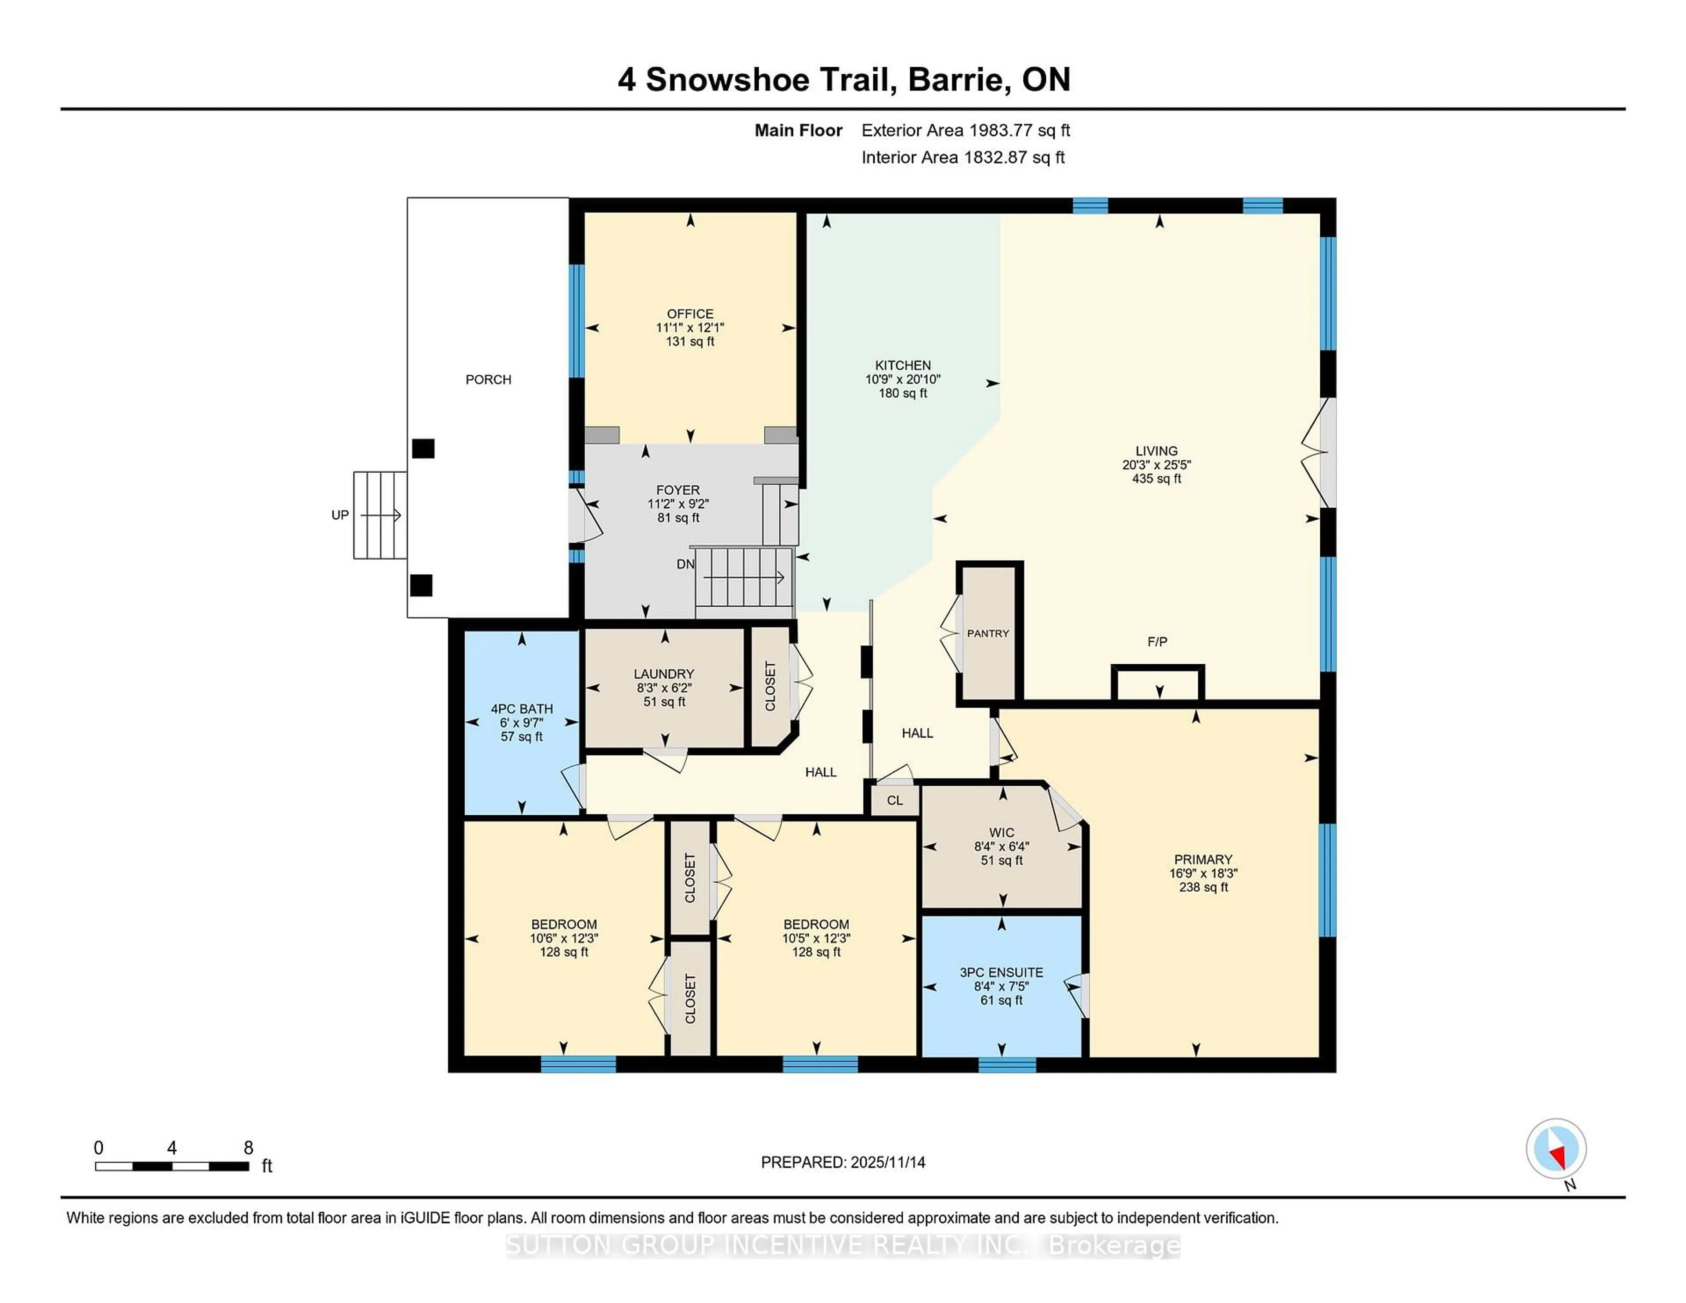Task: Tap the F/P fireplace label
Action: point(1156,641)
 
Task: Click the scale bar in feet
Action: point(171,1166)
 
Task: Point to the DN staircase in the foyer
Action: point(744,577)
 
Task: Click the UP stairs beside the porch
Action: point(380,515)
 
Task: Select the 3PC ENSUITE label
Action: point(1001,972)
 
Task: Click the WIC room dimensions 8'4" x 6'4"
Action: point(1001,846)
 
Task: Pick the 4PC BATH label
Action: point(522,709)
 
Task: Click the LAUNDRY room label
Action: point(664,674)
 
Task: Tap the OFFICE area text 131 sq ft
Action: point(690,341)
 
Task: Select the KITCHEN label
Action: point(902,365)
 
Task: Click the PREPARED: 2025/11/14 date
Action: point(843,1162)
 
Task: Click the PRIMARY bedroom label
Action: point(1203,859)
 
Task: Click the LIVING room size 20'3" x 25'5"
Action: point(1156,464)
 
